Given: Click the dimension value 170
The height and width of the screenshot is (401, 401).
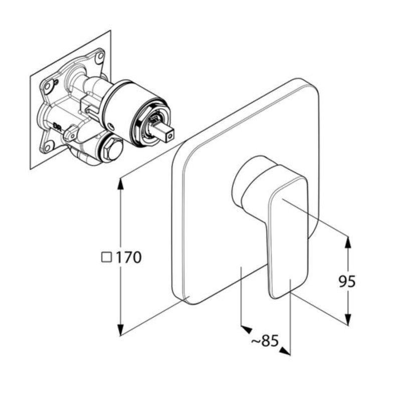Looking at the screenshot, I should tap(129, 258).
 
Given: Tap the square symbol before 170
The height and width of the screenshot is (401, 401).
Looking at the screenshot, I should tap(106, 257).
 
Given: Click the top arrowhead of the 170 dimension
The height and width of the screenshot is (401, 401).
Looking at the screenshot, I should tap(120, 182).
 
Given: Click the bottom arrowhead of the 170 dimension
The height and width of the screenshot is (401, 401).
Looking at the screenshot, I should tap(120, 330).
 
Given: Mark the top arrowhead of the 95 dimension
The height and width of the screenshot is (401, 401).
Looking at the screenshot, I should tap(347, 241).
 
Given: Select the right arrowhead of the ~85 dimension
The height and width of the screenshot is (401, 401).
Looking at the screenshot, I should tap(285, 350).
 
